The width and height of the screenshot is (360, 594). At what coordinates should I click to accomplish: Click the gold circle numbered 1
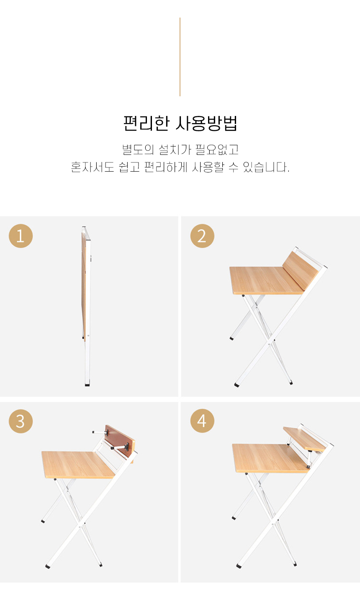point(21,236)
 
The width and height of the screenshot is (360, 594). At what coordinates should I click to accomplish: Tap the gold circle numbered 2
point(202,236)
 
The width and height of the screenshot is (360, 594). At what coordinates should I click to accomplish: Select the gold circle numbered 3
point(21,421)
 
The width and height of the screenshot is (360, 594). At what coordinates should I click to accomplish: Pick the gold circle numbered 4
point(202,421)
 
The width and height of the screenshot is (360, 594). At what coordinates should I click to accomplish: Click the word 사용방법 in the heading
point(206,123)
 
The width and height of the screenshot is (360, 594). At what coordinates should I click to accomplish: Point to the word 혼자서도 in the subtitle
point(92,167)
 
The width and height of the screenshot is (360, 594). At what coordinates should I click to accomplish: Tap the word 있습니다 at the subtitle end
point(265,167)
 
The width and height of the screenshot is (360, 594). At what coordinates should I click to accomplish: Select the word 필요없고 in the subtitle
point(217,149)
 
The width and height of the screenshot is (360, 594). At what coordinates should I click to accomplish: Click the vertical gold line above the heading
point(180,57)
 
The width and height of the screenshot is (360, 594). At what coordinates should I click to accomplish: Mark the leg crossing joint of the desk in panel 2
point(269,344)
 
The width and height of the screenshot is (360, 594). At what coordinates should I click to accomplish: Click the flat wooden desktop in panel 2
point(266,280)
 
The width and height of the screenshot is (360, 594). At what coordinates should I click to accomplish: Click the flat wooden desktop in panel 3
point(78,465)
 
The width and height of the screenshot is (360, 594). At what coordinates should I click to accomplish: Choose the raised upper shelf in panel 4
point(304,439)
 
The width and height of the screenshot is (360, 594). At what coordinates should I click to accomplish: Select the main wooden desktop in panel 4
point(270,458)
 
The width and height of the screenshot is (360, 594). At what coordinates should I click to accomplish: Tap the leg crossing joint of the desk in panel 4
point(273,524)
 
